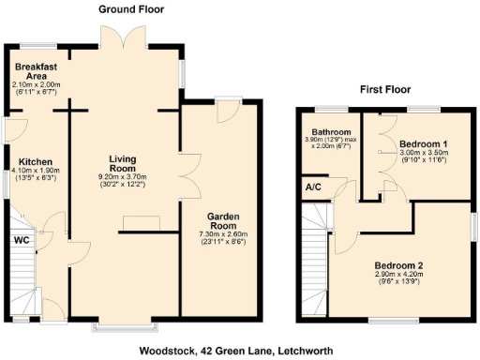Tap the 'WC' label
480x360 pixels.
(x=21, y=241)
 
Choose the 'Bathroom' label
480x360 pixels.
(x=333, y=132)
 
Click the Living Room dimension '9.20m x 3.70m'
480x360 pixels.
(x=124, y=174)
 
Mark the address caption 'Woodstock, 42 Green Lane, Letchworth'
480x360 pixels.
(x=242, y=350)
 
